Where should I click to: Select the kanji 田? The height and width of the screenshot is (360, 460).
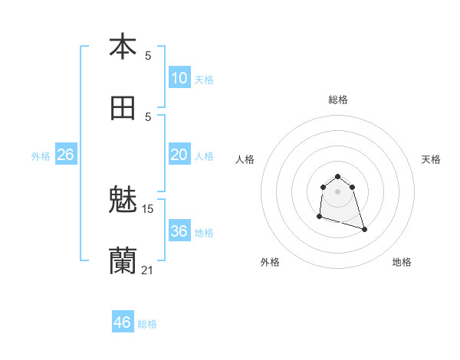click(123, 109)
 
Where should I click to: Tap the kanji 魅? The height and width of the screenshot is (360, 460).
click(123, 201)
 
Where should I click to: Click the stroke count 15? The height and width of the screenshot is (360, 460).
click(148, 208)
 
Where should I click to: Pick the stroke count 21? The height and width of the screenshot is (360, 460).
click(148, 270)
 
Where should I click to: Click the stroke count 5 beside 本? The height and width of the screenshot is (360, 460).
click(148, 55)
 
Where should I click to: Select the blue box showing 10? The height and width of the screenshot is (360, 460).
click(179, 78)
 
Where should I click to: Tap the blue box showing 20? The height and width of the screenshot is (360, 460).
click(179, 155)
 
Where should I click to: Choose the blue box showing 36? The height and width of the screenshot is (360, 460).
click(179, 231)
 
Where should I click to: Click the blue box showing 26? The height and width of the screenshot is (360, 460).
click(65, 155)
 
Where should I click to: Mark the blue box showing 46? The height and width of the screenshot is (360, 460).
click(122, 322)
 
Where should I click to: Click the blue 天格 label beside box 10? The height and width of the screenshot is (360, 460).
click(204, 80)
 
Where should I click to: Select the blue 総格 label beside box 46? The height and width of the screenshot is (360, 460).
click(147, 324)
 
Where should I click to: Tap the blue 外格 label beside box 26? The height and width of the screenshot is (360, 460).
click(41, 156)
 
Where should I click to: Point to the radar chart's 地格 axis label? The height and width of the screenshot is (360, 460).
click(402, 262)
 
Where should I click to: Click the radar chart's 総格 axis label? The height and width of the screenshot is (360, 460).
click(338, 100)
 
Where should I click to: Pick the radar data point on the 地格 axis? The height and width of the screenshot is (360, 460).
click(364, 229)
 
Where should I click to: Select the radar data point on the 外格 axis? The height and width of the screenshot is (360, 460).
click(319, 217)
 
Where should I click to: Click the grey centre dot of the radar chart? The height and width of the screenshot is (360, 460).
click(338, 191)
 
